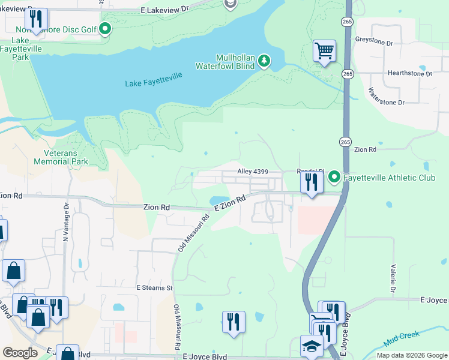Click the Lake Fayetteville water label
tap(154, 83)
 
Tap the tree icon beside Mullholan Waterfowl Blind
tap(264, 61)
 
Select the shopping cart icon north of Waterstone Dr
tap(324, 51)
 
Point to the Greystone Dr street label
tap(390, 44)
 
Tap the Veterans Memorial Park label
tap(61, 157)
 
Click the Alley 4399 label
tap(253, 172)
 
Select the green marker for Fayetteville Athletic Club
tap(334, 177)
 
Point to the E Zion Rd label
tap(231, 203)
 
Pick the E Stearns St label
tap(154, 288)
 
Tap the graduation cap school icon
tap(311, 347)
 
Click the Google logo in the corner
tap(20, 353)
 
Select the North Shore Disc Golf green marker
tap(105, 29)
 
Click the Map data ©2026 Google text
tap(411, 355)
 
